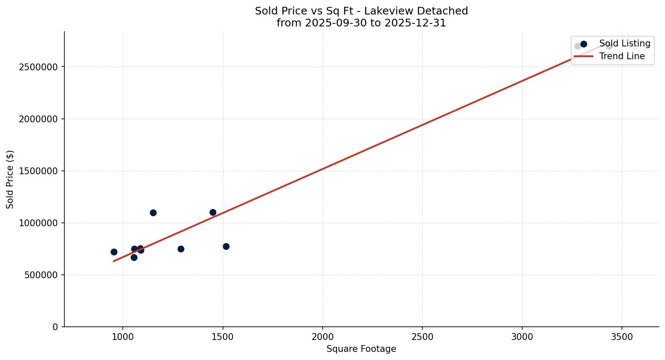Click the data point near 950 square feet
pos(114,252)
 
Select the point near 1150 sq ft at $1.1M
pos(153,213)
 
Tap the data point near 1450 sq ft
pos(213,212)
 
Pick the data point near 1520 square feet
pos(226,246)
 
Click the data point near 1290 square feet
pos(181,249)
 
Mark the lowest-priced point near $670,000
pos(134,257)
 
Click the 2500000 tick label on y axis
pos(38,67)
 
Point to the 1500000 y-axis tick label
pos(38,171)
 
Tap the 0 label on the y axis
pos(55,327)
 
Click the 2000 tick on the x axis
pos(322,337)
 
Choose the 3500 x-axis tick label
pos(622,337)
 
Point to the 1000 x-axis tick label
pos(123,337)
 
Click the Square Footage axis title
pos(361,349)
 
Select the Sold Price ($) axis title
pos(10,179)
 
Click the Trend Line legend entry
pos(622,56)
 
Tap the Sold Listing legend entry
pos(625,43)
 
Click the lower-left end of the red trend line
pos(113,261)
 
